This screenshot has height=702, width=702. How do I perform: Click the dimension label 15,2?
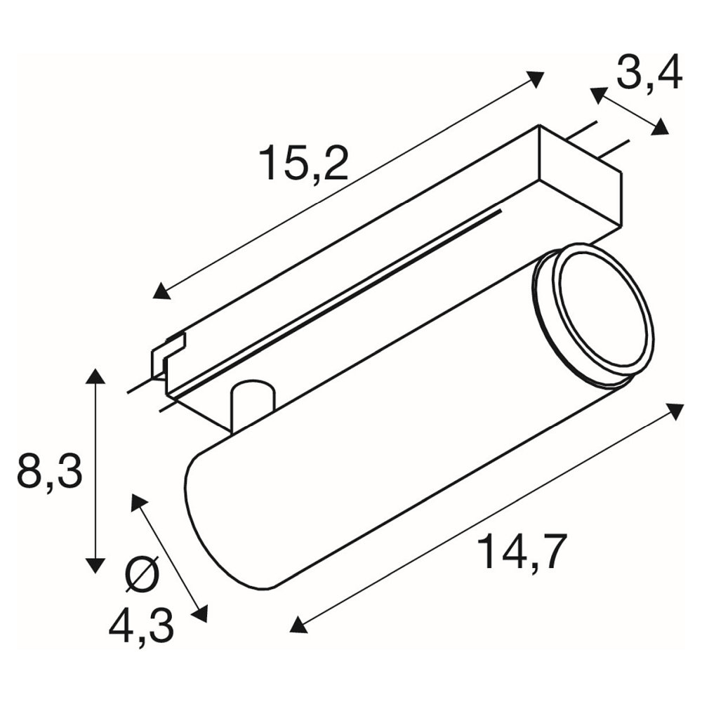point(303,162)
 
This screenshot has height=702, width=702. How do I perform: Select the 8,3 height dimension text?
point(50,471)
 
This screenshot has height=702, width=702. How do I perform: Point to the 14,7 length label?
point(522,551)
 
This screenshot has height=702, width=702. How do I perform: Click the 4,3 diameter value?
point(142,627)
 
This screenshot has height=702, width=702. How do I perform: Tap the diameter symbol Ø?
point(143,574)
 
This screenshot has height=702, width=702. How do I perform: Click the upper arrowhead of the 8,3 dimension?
point(95,376)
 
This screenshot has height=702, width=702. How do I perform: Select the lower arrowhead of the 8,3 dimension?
point(95,565)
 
